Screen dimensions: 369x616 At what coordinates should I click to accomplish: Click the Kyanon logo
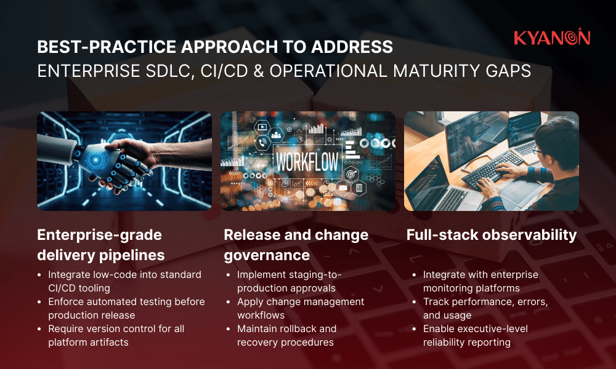551,38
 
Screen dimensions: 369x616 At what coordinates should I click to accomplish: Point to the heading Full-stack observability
491,234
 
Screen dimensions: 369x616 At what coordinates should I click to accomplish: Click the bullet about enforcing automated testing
126,308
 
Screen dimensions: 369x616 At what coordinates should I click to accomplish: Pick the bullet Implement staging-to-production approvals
290,281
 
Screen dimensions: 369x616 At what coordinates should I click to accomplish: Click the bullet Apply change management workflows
301,308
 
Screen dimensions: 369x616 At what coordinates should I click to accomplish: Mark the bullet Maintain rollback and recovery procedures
287,335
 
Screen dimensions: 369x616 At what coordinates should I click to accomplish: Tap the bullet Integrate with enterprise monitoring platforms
480,281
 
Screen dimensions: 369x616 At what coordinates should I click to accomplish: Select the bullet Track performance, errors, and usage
485,308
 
